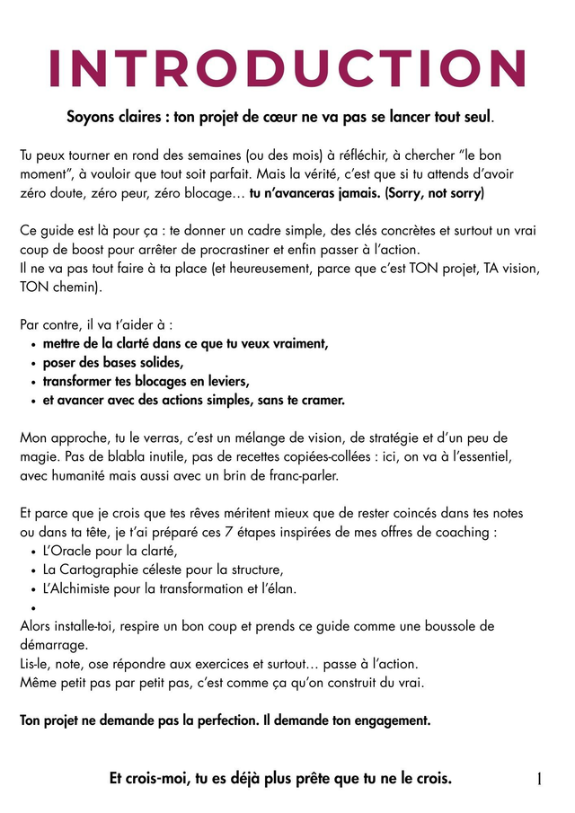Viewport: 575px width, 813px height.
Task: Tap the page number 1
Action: [539, 779]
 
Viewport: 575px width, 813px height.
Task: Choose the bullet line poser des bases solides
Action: [112, 362]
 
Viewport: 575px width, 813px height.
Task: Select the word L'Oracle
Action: [68, 551]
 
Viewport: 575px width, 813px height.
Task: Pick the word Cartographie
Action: [96, 570]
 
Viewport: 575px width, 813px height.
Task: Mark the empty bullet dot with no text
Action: [33, 608]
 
